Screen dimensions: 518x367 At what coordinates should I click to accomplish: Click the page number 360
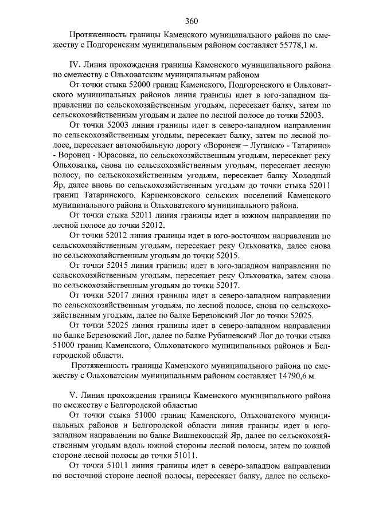pyautogui.click(x=192, y=22)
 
